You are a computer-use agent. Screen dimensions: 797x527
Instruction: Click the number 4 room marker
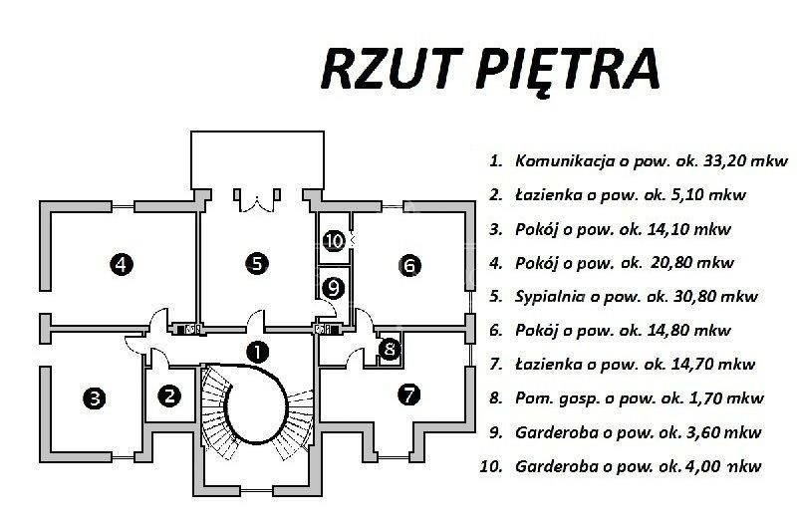tap(121, 264)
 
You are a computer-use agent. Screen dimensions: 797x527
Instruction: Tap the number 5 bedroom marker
tap(257, 263)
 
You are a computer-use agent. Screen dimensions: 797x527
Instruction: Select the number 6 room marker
tap(409, 265)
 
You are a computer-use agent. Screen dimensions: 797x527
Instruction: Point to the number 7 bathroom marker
tap(409, 395)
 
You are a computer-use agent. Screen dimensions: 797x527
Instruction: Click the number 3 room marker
tap(95, 398)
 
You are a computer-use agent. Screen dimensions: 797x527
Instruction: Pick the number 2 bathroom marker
tap(169, 395)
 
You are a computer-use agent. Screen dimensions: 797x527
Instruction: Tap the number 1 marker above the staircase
tap(258, 351)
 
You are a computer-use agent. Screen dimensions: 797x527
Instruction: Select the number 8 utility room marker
tap(390, 349)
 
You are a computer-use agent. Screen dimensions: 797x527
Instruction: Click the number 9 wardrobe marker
tap(334, 289)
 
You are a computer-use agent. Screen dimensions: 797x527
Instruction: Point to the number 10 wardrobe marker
tap(334, 240)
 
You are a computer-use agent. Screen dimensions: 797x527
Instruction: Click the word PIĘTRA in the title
tap(568, 70)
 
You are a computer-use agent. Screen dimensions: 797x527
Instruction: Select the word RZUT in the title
tap(391, 68)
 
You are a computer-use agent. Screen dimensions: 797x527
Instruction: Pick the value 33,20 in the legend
tap(724, 161)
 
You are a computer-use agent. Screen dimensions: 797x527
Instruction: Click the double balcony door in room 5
tap(257, 201)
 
